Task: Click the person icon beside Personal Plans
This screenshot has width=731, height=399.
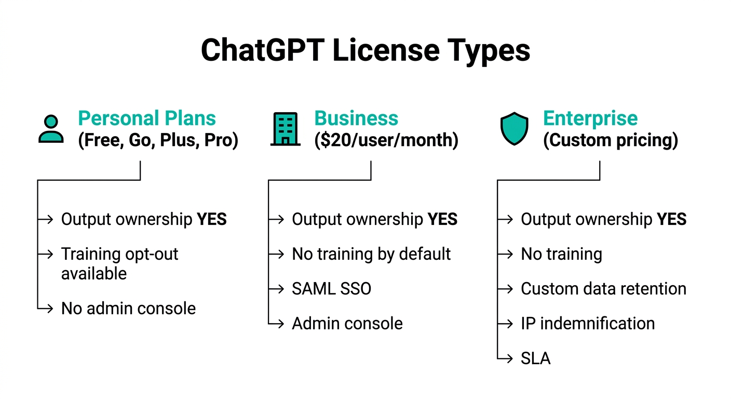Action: coord(51,129)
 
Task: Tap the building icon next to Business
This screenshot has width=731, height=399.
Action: coord(286,129)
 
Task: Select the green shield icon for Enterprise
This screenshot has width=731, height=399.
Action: coord(515,128)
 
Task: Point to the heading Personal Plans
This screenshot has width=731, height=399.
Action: coord(147,118)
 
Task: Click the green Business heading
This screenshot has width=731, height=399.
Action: coord(356,118)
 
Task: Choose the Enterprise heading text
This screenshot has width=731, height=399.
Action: coord(590,118)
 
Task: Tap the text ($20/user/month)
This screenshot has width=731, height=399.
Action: coord(386,140)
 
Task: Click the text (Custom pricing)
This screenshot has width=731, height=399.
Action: coord(611,140)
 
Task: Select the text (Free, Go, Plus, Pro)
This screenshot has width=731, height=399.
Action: coord(158,140)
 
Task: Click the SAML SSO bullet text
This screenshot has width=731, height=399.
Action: coord(332,289)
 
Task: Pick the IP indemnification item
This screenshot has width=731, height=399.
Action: coord(588,324)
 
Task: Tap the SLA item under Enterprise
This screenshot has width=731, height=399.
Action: coord(535,358)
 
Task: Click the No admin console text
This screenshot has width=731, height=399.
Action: coord(129,308)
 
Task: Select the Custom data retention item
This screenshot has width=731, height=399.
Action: coord(604,289)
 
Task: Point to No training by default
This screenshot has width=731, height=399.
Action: coord(371,254)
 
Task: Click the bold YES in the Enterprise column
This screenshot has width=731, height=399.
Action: coord(672,219)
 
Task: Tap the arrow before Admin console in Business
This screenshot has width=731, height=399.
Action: coord(276,324)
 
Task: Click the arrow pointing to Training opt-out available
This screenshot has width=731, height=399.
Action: coord(45,254)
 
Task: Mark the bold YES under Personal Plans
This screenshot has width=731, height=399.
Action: coord(211,219)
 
